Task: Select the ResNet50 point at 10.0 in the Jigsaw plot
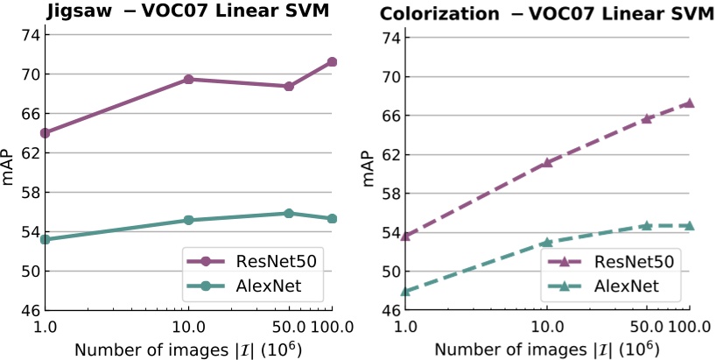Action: click(x=188, y=79)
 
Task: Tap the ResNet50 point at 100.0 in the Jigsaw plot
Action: click(x=332, y=61)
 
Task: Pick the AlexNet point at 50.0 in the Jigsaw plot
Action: click(x=289, y=213)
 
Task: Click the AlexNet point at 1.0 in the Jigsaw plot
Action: click(x=45, y=239)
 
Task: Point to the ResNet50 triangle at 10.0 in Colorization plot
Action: click(x=547, y=162)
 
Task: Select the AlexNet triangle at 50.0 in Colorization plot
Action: click(x=647, y=225)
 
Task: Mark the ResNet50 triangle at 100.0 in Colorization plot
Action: click(x=690, y=102)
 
